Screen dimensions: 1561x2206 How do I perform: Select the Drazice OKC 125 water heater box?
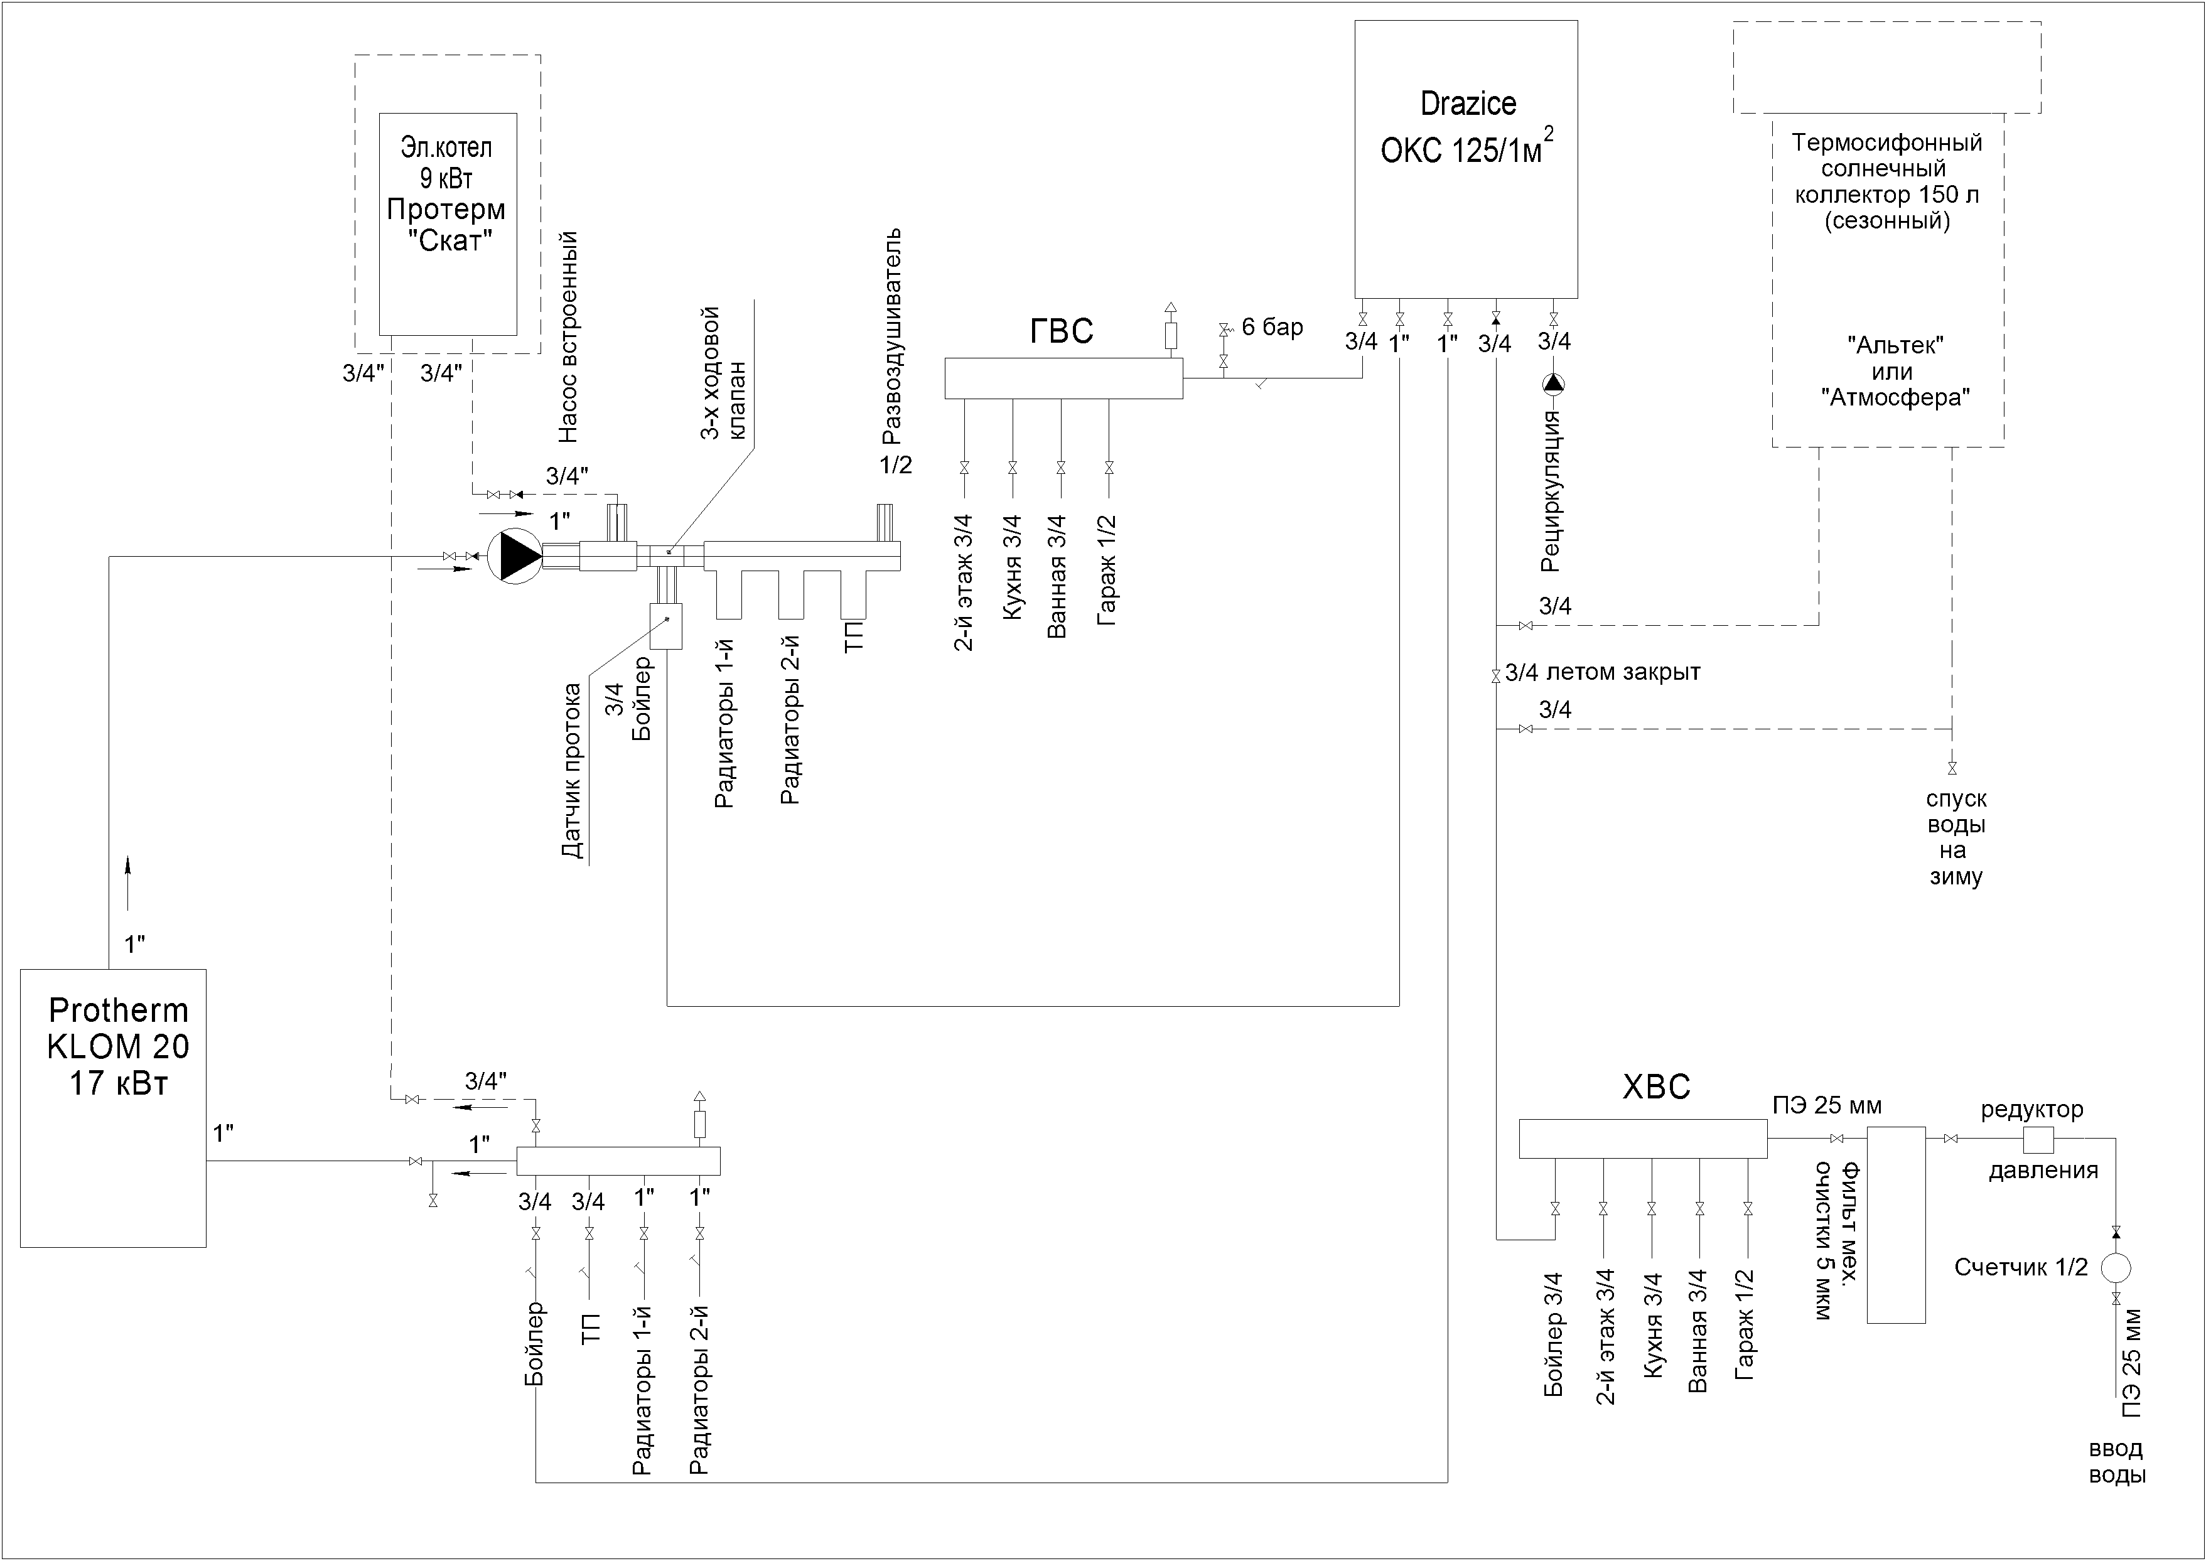1466,159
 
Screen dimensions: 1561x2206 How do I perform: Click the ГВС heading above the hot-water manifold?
1061,331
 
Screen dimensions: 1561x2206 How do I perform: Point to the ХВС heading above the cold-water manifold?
1656,1087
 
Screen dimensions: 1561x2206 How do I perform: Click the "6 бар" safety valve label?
1272,328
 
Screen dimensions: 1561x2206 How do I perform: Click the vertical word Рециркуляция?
1549,491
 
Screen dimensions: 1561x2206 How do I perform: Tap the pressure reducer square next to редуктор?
2039,1139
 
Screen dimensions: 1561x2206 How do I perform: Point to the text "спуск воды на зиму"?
1955,837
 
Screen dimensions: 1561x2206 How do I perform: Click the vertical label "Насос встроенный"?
568,336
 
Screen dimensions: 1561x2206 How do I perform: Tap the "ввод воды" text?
2117,1462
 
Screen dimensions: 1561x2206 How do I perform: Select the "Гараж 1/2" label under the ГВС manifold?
1107,570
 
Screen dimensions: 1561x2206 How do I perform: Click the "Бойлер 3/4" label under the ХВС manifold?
1553,1334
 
